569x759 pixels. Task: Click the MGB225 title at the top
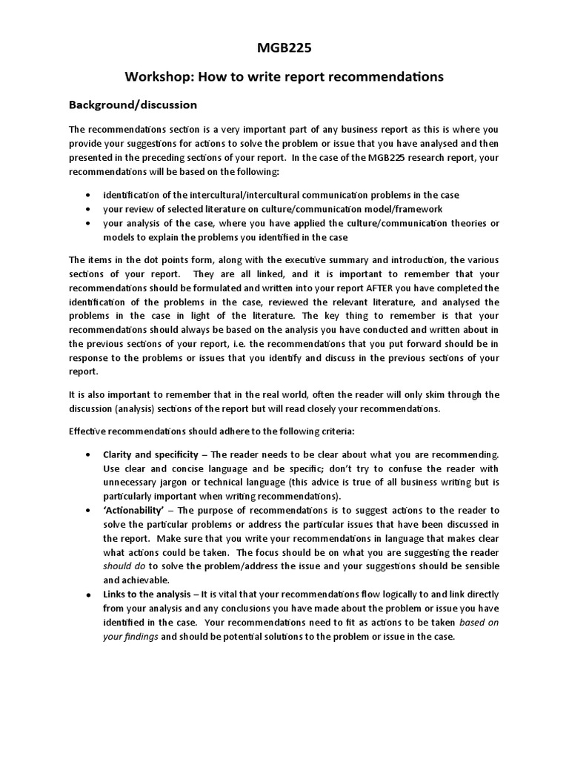(284, 50)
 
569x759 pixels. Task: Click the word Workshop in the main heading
(158, 76)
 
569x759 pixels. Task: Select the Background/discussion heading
(133, 105)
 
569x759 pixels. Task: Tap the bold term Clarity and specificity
(150, 454)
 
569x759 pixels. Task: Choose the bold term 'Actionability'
(136, 510)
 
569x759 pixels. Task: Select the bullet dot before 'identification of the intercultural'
(89, 195)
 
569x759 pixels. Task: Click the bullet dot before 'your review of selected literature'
(89, 209)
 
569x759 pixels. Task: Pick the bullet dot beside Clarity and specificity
(89, 454)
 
